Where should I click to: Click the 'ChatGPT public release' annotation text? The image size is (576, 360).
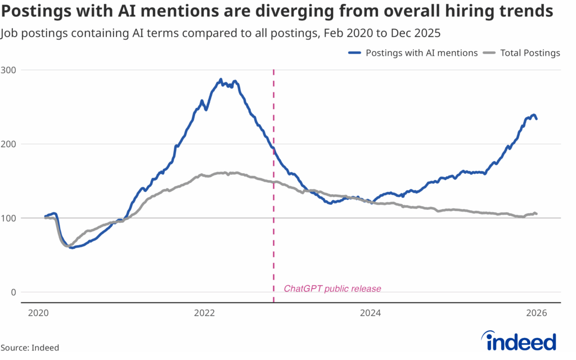click(332, 289)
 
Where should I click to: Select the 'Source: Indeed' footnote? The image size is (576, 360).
click(30, 348)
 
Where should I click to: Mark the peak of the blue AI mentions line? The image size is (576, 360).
click(221, 79)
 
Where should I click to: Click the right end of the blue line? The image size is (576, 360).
click(537, 119)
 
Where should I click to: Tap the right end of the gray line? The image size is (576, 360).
click(537, 213)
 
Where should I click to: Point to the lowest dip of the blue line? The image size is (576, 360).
click(71, 247)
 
